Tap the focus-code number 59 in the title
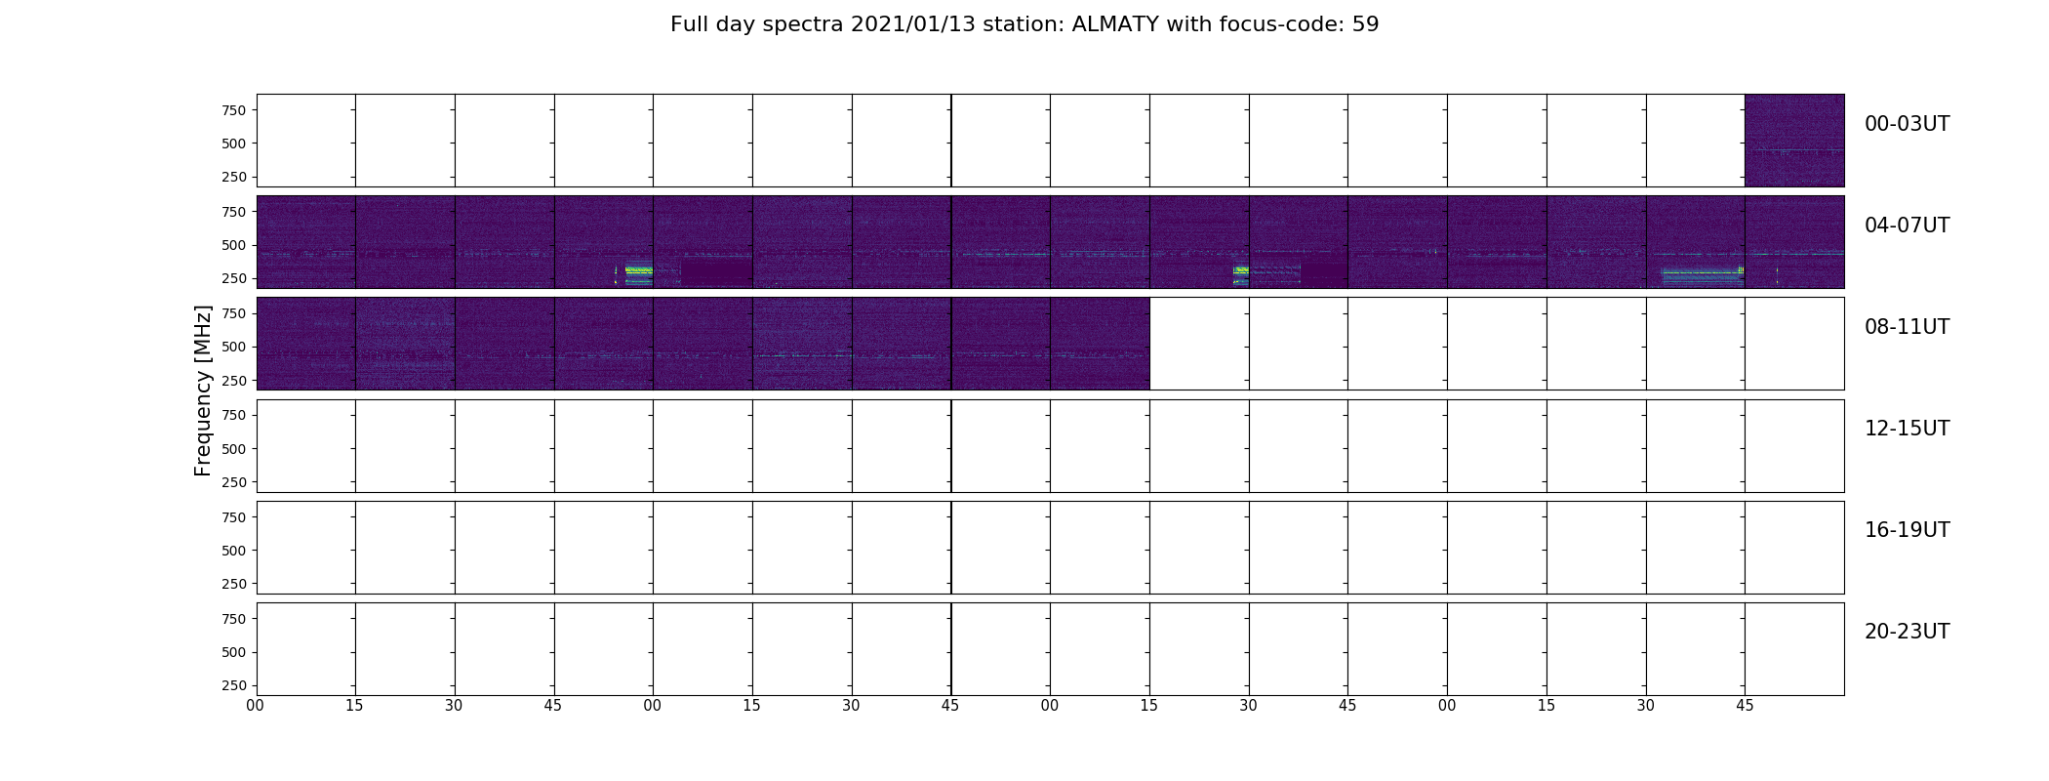pyautogui.click(x=1366, y=24)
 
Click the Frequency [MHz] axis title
pyautogui.click(x=203, y=390)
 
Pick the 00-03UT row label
pyautogui.click(x=1907, y=124)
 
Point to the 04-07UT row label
pyautogui.click(x=1907, y=226)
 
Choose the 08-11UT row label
pyautogui.click(x=1907, y=327)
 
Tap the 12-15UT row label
pyautogui.click(x=1907, y=429)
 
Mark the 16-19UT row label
pyautogui.click(x=1907, y=530)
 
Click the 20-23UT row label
pyautogui.click(x=1907, y=632)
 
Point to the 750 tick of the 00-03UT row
pyautogui.click(x=233, y=110)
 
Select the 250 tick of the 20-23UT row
pyautogui.click(x=233, y=685)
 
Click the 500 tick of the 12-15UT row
pyautogui.click(x=233, y=449)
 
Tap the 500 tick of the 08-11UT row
pyautogui.click(x=233, y=347)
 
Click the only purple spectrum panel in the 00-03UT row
pyautogui.click(x=1794, y=141)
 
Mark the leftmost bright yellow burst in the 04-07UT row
pyautogui.click(x=638, y=270)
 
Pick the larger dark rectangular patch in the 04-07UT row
pyautogui.click(x=716, y=272)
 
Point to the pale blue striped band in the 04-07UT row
pyautogui.click(x=1702, y=277)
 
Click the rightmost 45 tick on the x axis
pyautogui.click(x=1745, y=706)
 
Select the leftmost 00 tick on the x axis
pyautogui.click(x=256, y=706)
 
